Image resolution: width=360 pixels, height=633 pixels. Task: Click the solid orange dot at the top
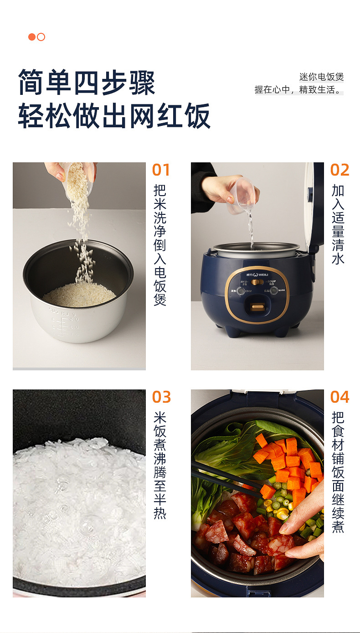pyautogui.click(x=32, y=37)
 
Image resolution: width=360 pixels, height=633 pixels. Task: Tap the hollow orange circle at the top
pyautogui.click(x=41, y=37)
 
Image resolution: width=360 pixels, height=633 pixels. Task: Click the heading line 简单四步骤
pyautogui.click(x=87, y=83)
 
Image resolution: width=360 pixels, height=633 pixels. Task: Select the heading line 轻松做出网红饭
pyautogui.click(x=114, y=116)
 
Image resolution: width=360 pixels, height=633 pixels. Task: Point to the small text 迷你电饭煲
pyautogui.click(x=321, y=77)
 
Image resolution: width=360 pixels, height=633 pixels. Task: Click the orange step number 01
pyautogui.click(x=161, y=170)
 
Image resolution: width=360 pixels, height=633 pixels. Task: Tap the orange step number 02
pyautogui.click(x=339, y=170)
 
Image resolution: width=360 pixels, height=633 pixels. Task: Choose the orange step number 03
pyautogui.click(x=161, y=397)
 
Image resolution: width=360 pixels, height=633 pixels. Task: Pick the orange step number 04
pyautogui.click(x=339, y=397)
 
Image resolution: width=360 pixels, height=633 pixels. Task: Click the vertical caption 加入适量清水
pyautogui.click(x=338, y=224)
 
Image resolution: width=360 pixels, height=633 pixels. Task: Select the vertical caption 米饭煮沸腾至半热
pyautogui.click(x=160, y=465)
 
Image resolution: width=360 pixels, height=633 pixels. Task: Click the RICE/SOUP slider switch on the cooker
pyautogui.click(x=257, y=282)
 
